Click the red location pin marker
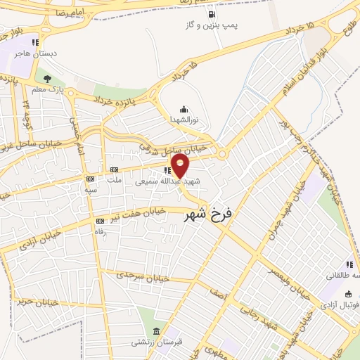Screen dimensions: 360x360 (x=181, y=167)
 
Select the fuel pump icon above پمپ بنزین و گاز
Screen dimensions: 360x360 (x=212, y=13)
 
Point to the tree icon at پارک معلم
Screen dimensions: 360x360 (x=47, y=79)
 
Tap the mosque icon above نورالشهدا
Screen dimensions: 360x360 (x=184, y=108)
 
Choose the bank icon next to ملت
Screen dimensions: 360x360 (x=113, y=169)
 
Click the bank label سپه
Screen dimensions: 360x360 (x=90, y=190)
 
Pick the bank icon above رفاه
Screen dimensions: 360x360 (x=99, y=221)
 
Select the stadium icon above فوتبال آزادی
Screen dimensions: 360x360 (x=349, y=295)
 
